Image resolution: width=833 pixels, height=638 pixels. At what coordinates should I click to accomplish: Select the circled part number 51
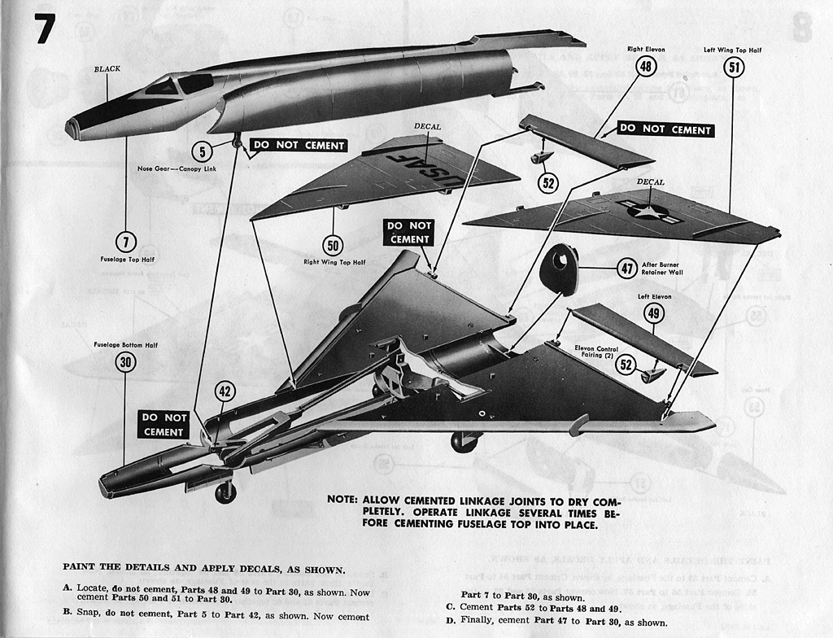[x=734, y=67]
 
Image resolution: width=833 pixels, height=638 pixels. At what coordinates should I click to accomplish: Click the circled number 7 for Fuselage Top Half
[x=126, y=242]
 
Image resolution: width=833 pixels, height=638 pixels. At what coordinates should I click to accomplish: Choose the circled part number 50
[x=333, y=245]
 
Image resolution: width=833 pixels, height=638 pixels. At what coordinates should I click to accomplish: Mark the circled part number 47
[x=626, y=268]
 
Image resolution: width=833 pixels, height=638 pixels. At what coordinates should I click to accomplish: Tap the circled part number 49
[x=654, y=313]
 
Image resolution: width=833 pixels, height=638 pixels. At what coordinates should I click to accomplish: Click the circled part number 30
[x=125, y=362]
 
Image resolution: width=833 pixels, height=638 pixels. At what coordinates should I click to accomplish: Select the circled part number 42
[x=225, y=391]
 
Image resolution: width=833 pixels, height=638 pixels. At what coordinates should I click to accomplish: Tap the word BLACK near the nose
[x=107, y=69]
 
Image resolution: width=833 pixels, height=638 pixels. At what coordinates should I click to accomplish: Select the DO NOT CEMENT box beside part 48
[x=665, y=129]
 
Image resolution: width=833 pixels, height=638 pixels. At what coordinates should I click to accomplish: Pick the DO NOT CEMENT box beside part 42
[x=164, y=424]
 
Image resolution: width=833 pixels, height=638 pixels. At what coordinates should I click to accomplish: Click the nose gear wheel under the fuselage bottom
[x=225, y=492]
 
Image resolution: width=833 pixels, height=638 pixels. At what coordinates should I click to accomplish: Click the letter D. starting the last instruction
[x=450, y=623]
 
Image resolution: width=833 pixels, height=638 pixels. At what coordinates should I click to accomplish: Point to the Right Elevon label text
[x=646, y=50]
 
